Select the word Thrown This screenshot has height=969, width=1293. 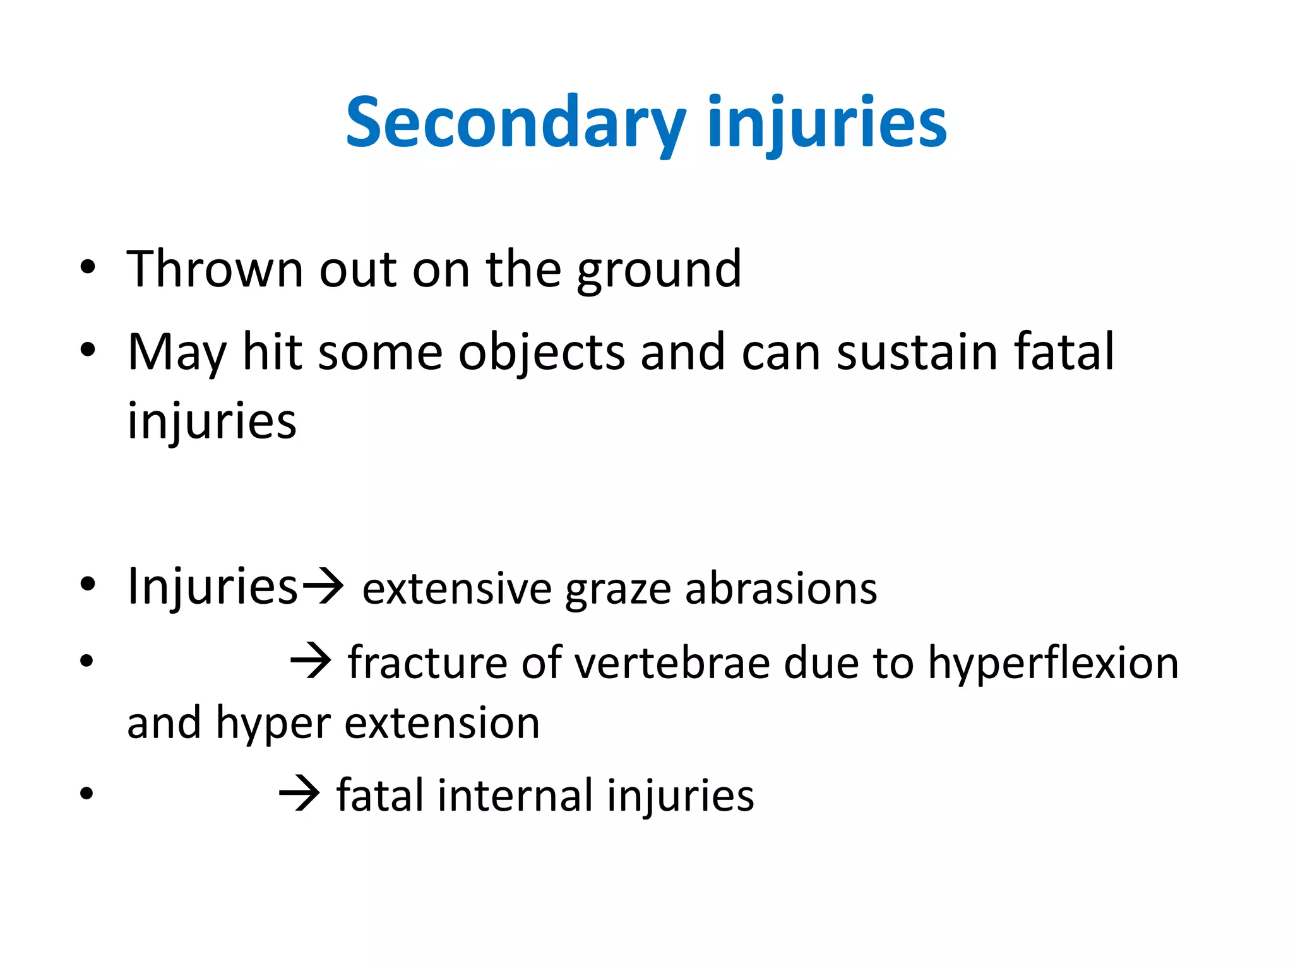(215, 269)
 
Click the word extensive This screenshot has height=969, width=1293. (457, 589)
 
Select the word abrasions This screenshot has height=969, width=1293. (781, 589)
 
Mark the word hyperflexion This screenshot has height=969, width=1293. (1052, 664)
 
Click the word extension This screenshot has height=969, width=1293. (442, 723)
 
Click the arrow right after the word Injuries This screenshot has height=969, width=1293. (323, 587)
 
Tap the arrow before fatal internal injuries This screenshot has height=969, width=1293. (299, 794)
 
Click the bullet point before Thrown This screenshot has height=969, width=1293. (88, 267)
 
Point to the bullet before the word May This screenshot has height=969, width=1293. (88, 349)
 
